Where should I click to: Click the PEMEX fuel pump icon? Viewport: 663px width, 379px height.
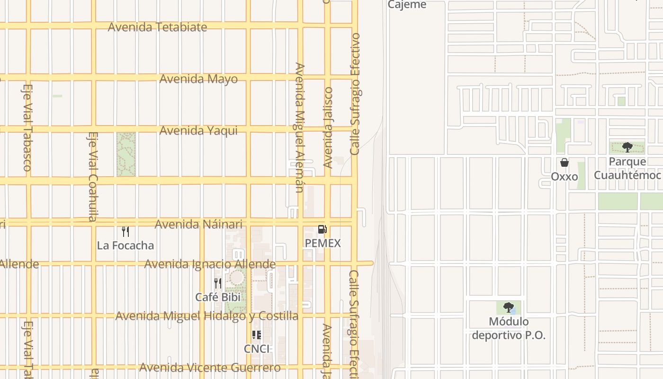pyautogui.click(x=322, y=230)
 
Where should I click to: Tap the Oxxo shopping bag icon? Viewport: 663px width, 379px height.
pyautogui.click(x=564, y=162)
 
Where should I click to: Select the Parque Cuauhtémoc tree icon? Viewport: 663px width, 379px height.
pyautogui.click(x=627, y=147)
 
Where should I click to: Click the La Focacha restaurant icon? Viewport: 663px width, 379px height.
pyautogui.click(x=125, y=231)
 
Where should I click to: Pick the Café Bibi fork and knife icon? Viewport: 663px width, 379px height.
pyautogui.click(x=218, y=283)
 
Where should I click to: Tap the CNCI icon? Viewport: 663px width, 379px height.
pyautogui.click(x=257, y=335)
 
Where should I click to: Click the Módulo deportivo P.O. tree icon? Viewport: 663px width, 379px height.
pyautogui.click(x=509, y=307)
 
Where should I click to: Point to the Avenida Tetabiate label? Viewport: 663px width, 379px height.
pyautogui.click(x=157, y=27)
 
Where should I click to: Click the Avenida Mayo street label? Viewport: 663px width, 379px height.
pyautogui.click(x=198, y=79)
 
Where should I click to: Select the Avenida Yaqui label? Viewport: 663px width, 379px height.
pyautogui.click(x=198, y=130)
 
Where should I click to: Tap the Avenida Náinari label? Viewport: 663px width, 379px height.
pyautogui.click(x=198, y=224)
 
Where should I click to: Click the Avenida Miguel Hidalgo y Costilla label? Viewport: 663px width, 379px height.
pyautogui.click(x=207, y=316)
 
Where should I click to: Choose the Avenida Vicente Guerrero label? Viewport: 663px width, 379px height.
pyautogui.click(x=210, y=368)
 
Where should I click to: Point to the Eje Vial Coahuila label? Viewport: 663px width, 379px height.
pyautogui.click(x=92, y=176)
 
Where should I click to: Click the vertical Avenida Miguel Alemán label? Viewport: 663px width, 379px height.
pyautogui.click(x=299, y=128)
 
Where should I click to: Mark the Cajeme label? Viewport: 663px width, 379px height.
pyautogui.click(x=407, y=5)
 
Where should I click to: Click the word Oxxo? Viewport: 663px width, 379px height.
pyautogui.click(x=564, y=177)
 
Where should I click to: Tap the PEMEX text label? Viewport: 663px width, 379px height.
pyautogui.click(x=323, y=244)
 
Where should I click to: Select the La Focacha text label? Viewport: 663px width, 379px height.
pyautogui.click(x=125, y=245)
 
